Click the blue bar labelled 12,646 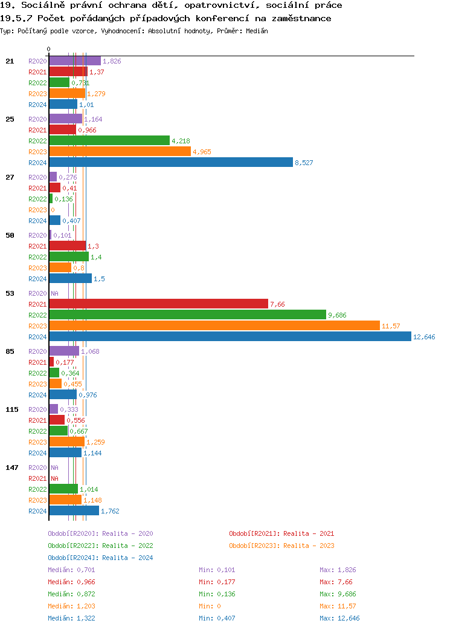(x=230, y=337)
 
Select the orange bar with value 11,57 (x=214, y=326)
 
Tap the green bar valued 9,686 (x=187, y=315)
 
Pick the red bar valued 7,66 (x=158, y=304)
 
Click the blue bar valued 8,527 (x=171, y=163)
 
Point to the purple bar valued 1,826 (x=75, y=61)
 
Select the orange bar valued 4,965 (x=120, y=152)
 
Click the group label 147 (x=12, y=468)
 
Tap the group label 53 (x=10, y=293)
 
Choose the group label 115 (x=12, y=409)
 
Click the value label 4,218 (x=181, y=141)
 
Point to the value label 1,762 (x=110, y=511)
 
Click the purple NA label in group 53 (x=54, y=293)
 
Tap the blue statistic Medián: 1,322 (x=71, y=618)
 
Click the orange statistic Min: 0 (x=210, y=606)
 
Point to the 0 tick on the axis (x=49, y=50)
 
